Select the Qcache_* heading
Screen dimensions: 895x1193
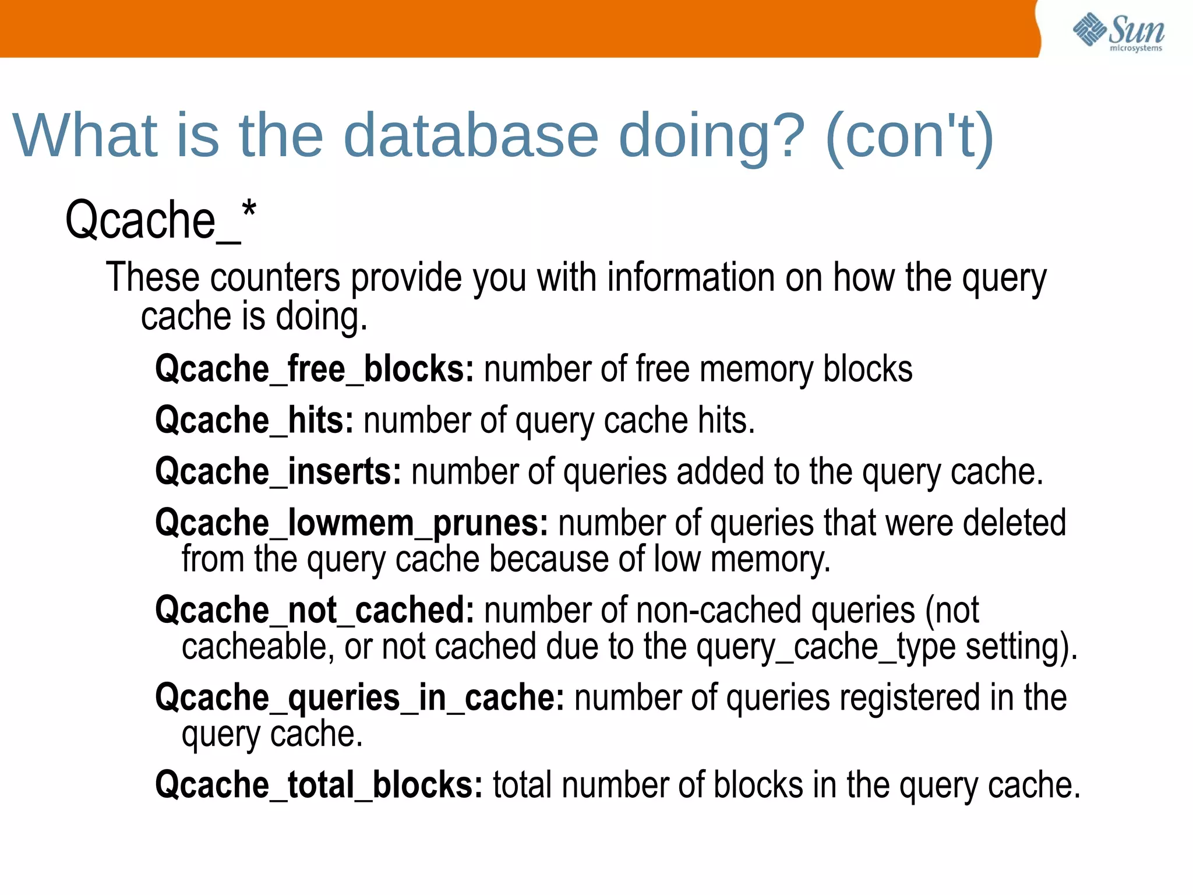pyautogui.click(x=160, y=220)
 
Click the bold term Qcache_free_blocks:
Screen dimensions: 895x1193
pyautogui.click(x=315, y=369)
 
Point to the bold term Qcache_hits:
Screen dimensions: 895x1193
pyautogui.click(x=254, y=421)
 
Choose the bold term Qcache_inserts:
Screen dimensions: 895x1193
pyautogui.click(x=278, y=471)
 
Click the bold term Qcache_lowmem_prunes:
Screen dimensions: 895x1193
pyautogui.click(x=351, y=523)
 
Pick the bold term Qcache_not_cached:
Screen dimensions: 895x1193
pyautogui.click(x=315, y=610)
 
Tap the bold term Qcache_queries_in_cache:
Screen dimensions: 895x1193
pyautogui.click(x=359, y=697)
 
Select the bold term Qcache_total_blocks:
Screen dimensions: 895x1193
pyautogui.click(x=319, y=785)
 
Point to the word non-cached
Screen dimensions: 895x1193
pyautogui.click(x=718, y=610)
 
